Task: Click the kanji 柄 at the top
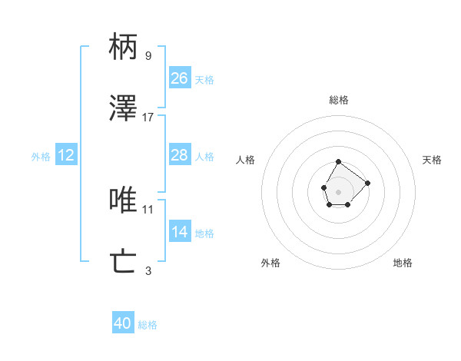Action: click(124, 47)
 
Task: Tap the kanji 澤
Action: click(124, 108)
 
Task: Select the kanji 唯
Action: click(124, 200)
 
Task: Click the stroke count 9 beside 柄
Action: click(148, 55)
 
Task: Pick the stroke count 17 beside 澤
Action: click(148, 117)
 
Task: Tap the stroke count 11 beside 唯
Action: click(148, 208)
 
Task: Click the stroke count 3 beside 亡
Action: click(148, 270)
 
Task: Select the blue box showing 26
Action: click(179, 78)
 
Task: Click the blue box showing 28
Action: click(179, 155)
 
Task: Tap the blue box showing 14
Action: click(179, 231)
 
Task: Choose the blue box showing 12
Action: click(66, 155)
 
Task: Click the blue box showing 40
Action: click(123, 323)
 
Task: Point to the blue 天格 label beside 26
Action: click(204, 80)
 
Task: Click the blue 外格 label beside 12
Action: click(41, 157)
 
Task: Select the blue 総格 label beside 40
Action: click(148, 325)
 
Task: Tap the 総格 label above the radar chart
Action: click(339, 100)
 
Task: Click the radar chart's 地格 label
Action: click(403, 263)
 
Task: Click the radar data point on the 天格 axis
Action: click(368, 183)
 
